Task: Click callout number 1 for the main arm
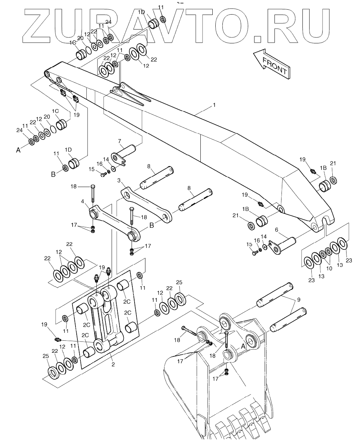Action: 214,105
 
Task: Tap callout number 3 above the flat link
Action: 119,181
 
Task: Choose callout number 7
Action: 120,141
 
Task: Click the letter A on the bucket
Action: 243,346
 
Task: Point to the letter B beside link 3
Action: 152,225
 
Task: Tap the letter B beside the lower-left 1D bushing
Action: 53,174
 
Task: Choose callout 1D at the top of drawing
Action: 141,12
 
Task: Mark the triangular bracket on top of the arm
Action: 129,94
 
